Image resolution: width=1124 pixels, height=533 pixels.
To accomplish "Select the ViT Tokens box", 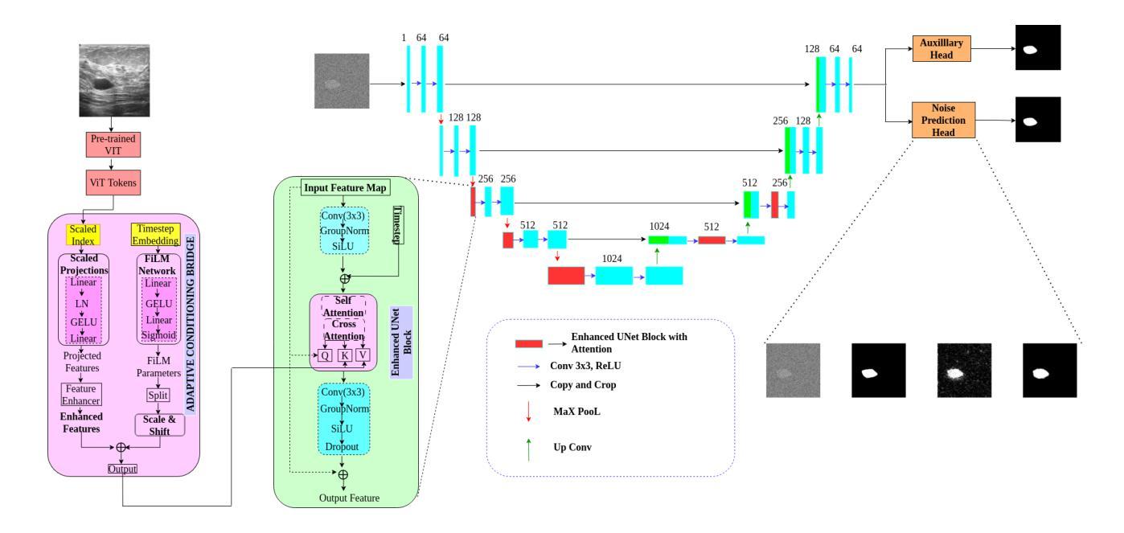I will coord(113,182).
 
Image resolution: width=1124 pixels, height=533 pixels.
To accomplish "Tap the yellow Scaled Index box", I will coord(81,233).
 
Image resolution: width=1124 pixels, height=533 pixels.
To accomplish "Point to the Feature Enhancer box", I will coord(81,394).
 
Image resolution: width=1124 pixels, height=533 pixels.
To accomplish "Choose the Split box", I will coord(158,396).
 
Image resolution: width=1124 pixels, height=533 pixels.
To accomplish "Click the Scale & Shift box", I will coord(158,424).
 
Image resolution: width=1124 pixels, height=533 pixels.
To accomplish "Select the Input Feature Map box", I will coord(346,188).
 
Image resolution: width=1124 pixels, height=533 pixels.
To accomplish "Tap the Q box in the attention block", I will coord(325,355).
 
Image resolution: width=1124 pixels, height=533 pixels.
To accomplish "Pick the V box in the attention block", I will coord(365,355).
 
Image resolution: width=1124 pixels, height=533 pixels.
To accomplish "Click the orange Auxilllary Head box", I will coord(943,49).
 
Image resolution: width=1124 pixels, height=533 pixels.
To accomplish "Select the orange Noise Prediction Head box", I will coord(943,119).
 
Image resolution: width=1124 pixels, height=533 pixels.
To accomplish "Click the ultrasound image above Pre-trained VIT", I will coord(113,81).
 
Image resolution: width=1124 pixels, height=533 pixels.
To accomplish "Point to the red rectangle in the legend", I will coord(530,343).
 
